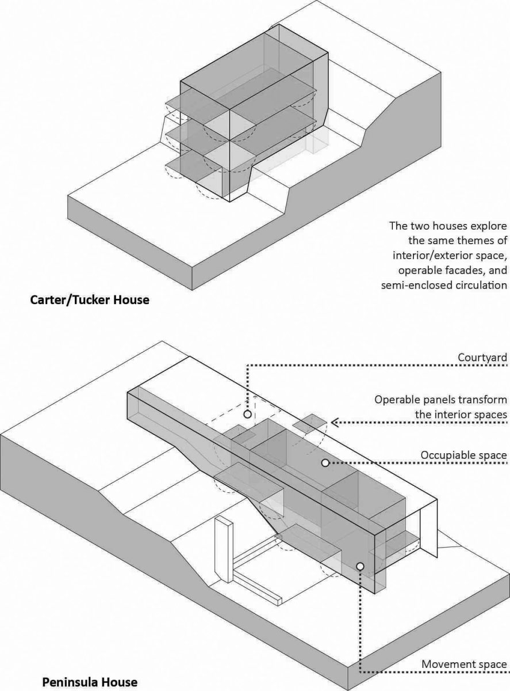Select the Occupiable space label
(x=463, y=455)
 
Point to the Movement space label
(x=466, y=663)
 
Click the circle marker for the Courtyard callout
(x=247, y=414)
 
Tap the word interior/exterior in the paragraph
(x=432, y=255)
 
